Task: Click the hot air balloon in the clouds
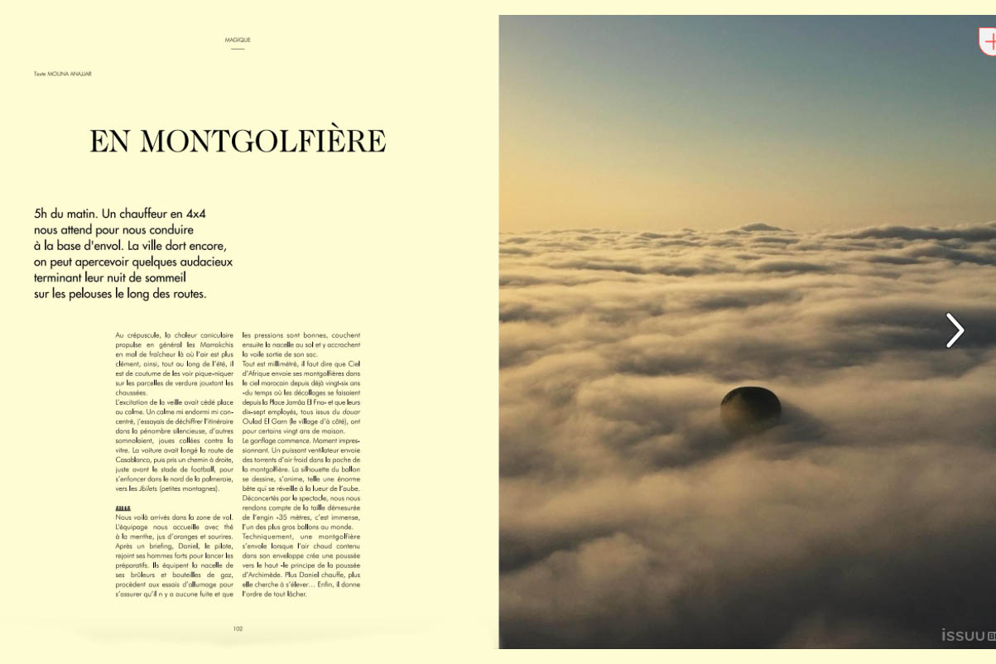click(751, 407)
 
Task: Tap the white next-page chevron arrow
click(955, 330)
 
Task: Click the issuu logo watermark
click(963, 635)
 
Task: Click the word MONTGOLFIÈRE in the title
click(262, 141)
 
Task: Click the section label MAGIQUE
click(238, 40)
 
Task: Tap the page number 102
click(238, 628)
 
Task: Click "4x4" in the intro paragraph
click(196, 214)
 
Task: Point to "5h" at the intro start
click(41, 214)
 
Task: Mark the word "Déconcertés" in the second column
click(262, 498)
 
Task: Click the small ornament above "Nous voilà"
click(123, 508)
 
